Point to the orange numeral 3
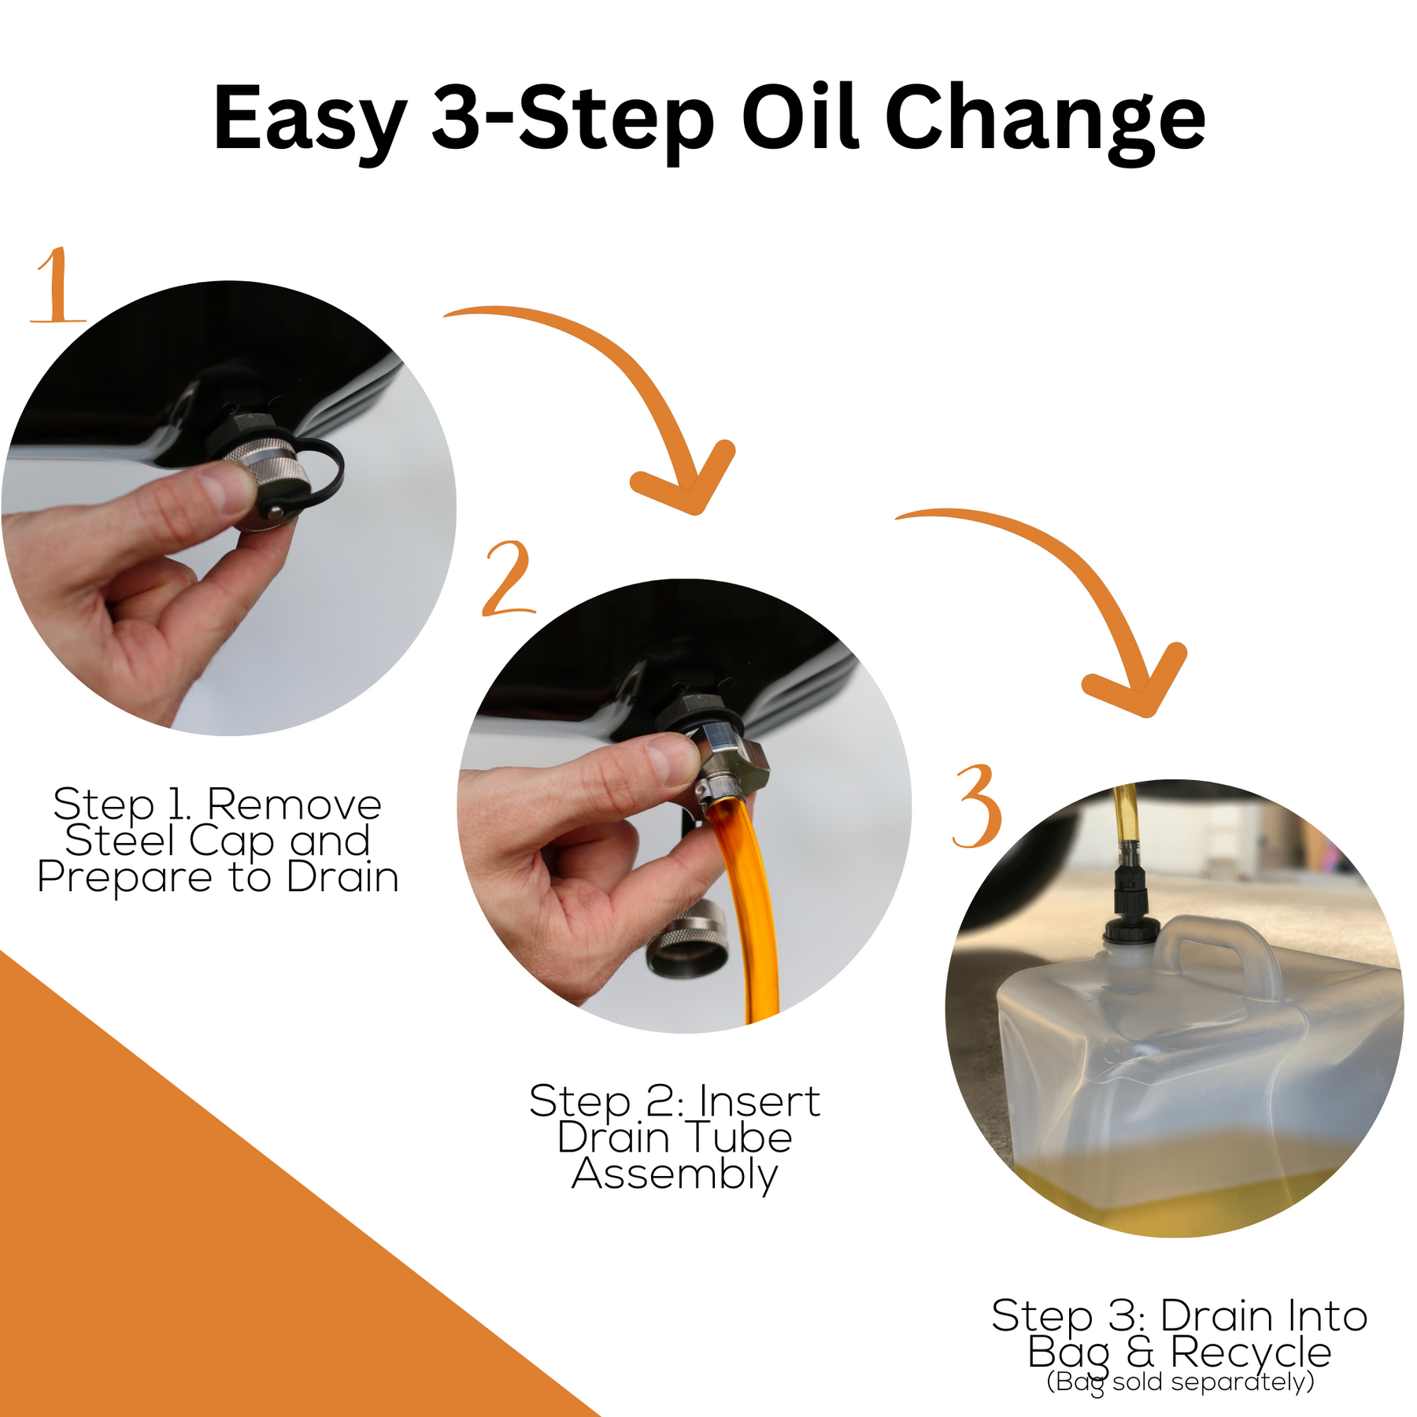click(x=977, y=807)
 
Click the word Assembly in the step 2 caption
click(x=675, y=1174)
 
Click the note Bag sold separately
click(x=1180, y=1382)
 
